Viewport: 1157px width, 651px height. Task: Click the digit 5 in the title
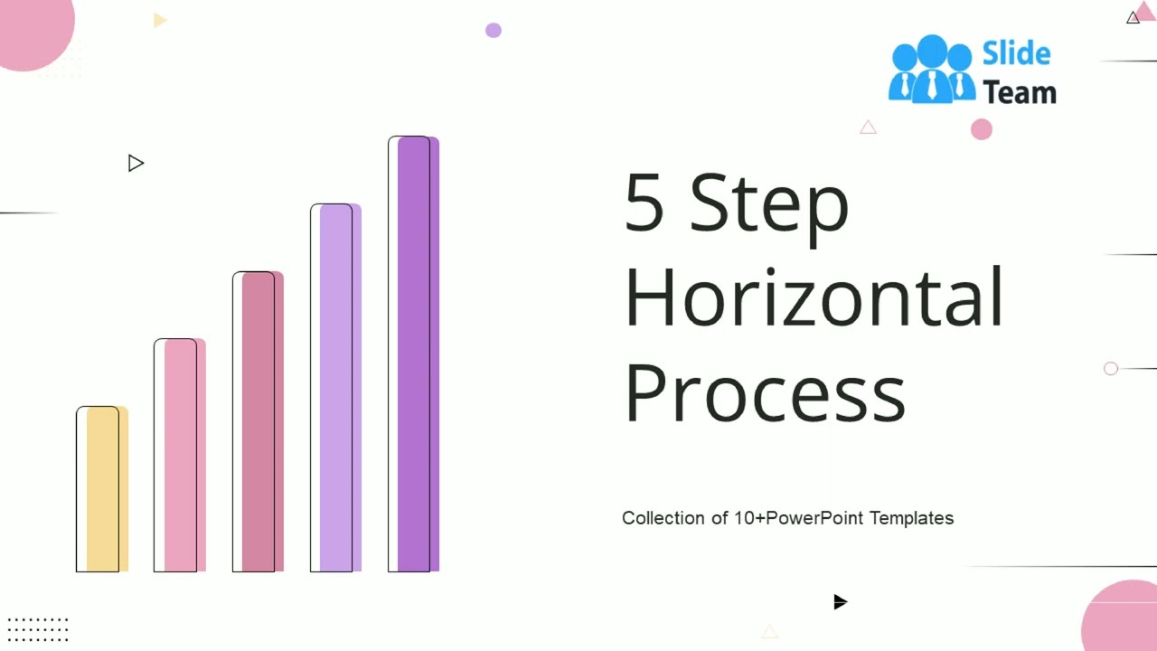[644, 203]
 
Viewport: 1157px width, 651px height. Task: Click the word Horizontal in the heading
[814, 297]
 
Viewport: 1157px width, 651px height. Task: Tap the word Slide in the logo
[1016, 54]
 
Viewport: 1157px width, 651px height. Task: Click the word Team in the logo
[1019, 92]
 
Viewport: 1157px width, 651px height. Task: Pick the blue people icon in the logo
[932, 69]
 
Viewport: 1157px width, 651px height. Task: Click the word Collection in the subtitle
[663, 518]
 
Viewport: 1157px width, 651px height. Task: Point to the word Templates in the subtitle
[911, 518]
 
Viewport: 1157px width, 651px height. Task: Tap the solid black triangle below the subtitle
[840, 602]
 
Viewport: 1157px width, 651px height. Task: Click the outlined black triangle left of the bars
[136, 164]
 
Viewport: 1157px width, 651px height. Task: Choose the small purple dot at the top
[493, 30]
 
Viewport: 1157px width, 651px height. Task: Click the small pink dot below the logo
[982, 130]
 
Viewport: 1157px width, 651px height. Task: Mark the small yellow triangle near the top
[160, 20]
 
